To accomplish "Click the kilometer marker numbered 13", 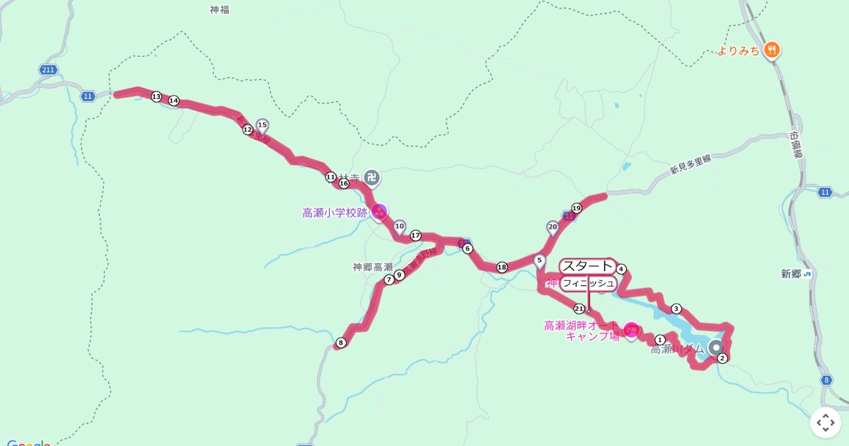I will click(x=156, y=96).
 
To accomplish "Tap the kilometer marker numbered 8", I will click(x=341, y=343).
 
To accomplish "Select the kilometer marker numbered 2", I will click(x=722, y=358).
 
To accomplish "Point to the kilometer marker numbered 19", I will click(x=577, y=208).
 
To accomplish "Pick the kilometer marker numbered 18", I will click(x=502, y=267).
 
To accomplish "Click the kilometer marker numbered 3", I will click(x=676, y=309).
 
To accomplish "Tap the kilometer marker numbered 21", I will click(x=579, y=309).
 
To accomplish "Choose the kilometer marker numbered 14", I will click(x=173, y=101).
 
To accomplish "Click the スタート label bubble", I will click(x=587, y=266).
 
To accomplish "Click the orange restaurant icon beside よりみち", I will click(x=772, y=50).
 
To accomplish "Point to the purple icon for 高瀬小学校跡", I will click(x=379, y=212).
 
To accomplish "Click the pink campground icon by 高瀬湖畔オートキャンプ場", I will click(x=631, y=329).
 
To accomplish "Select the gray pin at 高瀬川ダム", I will click(x=716, y=348).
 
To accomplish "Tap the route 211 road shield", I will click(x=48, y=69).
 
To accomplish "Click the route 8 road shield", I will click(x=826, y=380).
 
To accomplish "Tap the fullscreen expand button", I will click(x=825, y=423).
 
